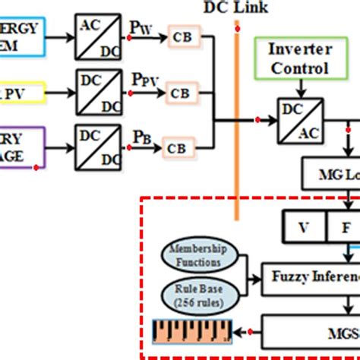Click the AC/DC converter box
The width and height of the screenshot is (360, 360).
97,33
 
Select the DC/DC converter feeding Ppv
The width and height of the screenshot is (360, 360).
97,90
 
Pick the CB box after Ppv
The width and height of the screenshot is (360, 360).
180,93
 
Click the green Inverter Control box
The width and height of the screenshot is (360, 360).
298,59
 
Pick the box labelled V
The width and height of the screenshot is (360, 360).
304,226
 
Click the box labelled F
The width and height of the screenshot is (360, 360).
343,226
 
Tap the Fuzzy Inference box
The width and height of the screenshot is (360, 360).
311,275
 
